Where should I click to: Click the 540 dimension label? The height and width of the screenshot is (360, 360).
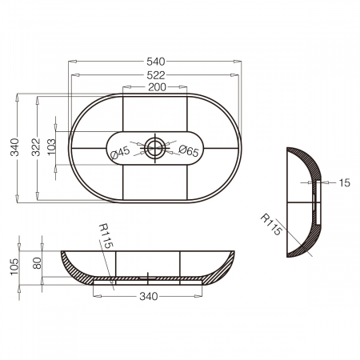point(156,62)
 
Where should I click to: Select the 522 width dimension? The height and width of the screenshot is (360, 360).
point(156,75)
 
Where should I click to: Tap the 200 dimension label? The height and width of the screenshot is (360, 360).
point(157,87)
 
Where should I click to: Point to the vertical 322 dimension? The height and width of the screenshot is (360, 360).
point(35,147)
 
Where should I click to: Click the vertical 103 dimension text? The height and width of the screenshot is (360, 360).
point(51,146)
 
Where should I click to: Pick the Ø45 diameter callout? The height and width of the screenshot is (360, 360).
point(120,153)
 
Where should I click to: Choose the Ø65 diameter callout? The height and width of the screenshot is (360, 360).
point(189,150)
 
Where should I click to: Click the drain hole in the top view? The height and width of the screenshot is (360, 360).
point(155,147)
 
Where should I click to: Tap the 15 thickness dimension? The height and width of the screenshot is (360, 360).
point(344,183)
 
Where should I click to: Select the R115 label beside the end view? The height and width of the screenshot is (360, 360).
point(271,225)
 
